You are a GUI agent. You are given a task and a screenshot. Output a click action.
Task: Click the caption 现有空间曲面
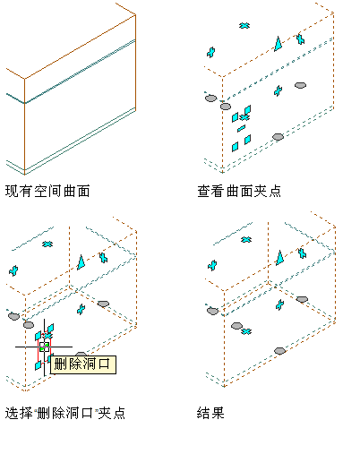(47, 191)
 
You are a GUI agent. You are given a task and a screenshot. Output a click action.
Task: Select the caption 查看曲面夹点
(239, 191)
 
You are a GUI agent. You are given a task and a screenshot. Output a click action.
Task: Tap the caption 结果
(210, 413)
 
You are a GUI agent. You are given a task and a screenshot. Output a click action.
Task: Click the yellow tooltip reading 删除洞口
(83, 364)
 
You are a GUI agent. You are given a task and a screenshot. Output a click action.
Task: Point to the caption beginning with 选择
(65, 413)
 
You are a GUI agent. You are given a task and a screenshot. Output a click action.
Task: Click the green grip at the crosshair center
(44, 347)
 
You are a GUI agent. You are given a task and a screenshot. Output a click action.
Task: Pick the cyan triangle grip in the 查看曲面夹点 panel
(279, 44)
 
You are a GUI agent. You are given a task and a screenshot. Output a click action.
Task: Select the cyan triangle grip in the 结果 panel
(279, 258)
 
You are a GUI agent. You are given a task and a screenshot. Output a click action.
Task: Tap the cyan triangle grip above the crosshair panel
(81, 262)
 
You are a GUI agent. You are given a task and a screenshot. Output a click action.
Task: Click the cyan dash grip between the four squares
(241, 128)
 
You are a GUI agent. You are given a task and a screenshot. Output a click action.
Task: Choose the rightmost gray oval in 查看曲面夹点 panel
(300, 85)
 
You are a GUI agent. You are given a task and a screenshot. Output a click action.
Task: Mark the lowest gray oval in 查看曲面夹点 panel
(278, 137)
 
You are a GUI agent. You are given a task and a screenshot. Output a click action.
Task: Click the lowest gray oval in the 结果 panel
(279, 351)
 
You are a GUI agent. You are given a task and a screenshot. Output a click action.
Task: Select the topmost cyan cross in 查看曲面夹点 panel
(244, 26)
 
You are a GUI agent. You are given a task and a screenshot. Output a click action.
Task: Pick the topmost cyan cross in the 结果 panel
(246, 239)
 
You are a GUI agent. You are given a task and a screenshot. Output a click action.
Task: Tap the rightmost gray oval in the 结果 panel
(302, 299)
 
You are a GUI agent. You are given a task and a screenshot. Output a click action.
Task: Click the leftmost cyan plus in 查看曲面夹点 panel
(211, 52)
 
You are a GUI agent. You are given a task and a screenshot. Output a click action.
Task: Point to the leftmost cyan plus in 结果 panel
(212, 265)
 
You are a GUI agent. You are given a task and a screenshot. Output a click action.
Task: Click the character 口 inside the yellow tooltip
(104, 364)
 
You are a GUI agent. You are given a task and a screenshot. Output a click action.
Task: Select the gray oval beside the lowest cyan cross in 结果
(236, 326)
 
